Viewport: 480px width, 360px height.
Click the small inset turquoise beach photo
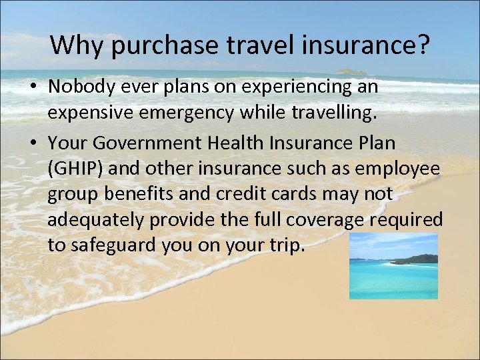[x=393, y=266]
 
